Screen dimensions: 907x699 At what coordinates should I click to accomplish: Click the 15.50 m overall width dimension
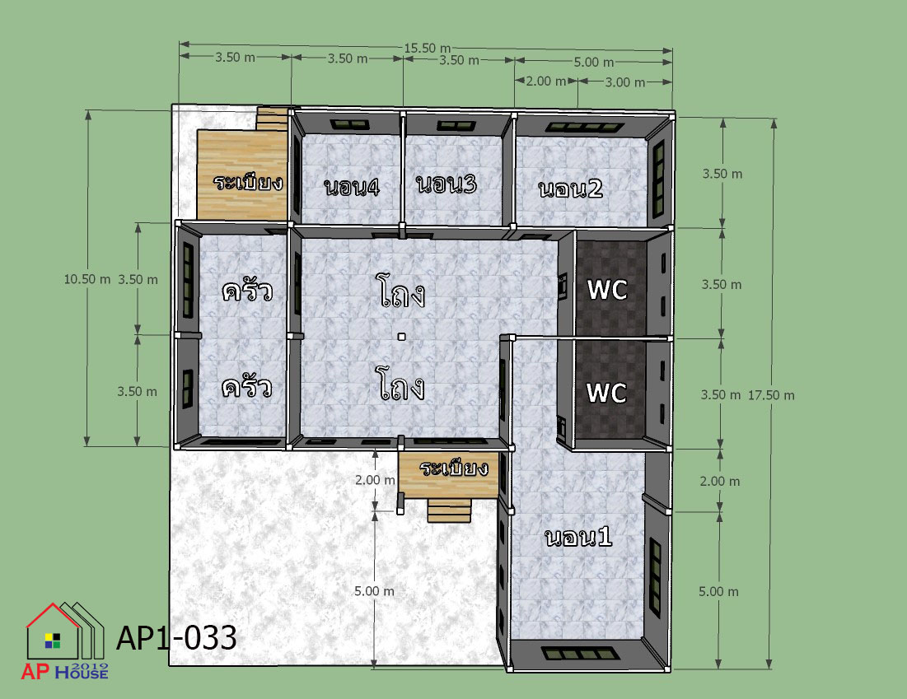(x=427, y=48)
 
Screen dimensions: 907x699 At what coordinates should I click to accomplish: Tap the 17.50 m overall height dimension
(x=771, y=395)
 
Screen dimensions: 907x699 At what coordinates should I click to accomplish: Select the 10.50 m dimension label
(x=86, y=279)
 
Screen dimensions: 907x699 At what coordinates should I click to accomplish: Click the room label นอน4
(x=352, y=188)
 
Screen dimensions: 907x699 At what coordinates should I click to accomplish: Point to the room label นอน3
(x=446, y=184)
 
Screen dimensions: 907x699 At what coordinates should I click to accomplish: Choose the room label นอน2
(x=570, y=189)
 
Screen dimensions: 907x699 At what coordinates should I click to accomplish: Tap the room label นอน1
(x=578, y=537)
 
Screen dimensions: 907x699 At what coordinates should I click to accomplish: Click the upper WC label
(x=607, y=290)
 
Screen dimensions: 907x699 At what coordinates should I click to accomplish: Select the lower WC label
(x=606, y=394)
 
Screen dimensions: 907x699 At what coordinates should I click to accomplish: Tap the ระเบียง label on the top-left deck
(x=248, y=182)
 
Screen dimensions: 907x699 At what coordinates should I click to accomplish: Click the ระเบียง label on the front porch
(x=454, y=468)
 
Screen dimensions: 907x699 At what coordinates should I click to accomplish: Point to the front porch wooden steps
(x=449, y=510)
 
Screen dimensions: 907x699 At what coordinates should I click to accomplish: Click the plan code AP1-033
(x=176, y=638)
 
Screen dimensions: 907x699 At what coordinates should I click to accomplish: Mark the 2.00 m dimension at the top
(x=545, y=81)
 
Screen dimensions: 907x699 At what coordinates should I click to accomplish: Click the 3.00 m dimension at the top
(x=624, y=82)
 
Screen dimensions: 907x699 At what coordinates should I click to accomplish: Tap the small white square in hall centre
(x=401, y=337)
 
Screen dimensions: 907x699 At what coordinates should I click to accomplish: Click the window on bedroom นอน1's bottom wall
(x=580, y=654)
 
